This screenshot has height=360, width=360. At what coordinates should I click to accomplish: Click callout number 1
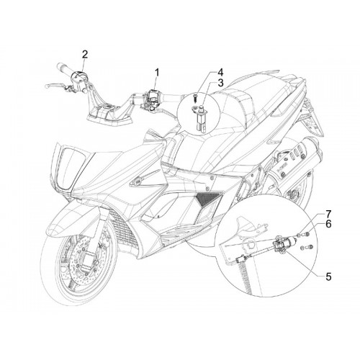(157, 72)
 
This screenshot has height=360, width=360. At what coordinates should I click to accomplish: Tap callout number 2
(85, 55)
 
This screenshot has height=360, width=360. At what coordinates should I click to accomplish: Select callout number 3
(220, 83)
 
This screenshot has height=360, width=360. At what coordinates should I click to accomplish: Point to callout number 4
(220, 72)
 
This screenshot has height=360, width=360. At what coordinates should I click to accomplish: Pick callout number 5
(328, 276)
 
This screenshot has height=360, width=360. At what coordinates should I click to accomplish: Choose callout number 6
(328, 224)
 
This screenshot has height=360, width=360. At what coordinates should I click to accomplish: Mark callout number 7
(328, 213)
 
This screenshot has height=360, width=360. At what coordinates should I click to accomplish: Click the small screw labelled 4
(196, 98)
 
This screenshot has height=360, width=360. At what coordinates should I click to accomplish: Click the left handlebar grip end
(58, 66)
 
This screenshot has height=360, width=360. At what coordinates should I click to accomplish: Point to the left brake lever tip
(47, 86)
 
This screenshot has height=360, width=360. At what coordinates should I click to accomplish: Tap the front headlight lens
(71, 168)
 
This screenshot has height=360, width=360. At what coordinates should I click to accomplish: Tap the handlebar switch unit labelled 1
(153, 95)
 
